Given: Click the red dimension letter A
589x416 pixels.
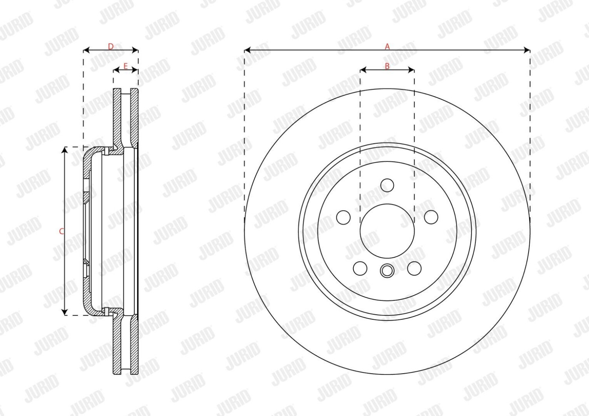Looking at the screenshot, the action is [x=387, y=47].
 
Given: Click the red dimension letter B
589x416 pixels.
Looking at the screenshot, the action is [x=387, y=66].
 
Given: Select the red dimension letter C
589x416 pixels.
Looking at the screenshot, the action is [x=62, y=231].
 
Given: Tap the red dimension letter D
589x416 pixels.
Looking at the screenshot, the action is [x=111, y=47].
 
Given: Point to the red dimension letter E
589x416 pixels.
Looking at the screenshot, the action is [x=125, y=66].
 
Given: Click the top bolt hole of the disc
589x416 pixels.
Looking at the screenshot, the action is [x=387, y=185].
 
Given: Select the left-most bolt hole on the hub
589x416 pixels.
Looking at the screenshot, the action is [x=343, y=217].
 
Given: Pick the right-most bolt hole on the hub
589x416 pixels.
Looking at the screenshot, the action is [x=431, y=217].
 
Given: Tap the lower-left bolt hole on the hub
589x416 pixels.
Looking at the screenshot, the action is [x=360, y=268].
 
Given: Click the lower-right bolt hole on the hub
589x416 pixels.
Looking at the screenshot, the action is [x=414, y=268].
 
